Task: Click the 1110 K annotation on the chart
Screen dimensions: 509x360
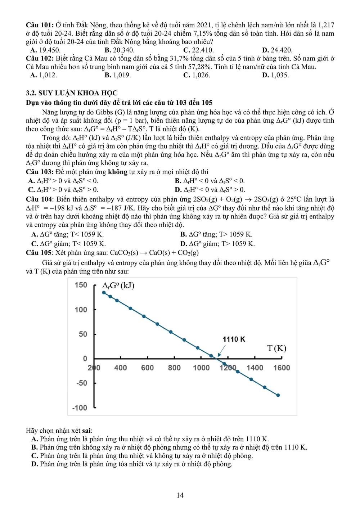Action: click(234, 339)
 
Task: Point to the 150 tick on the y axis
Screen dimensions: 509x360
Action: click(81, 285)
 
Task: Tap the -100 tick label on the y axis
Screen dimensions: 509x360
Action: click(80, 408)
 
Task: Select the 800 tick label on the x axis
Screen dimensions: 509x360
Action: click(174, 368)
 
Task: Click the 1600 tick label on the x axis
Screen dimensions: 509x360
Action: click(282, 368)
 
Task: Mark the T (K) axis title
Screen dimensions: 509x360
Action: click(276, 348)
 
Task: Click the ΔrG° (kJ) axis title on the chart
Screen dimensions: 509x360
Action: click(118, 286)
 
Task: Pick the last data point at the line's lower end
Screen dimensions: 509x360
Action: click(278, 395)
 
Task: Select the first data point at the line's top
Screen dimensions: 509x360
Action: click(104, 292)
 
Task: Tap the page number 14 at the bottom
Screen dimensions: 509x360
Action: click(180, 495)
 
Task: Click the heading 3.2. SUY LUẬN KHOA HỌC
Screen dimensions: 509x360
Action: click(72, 93)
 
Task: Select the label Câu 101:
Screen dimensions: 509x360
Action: click(40, 25)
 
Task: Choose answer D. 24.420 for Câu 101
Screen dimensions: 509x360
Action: click(277, 50)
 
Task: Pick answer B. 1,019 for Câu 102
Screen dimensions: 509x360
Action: click(118, 75)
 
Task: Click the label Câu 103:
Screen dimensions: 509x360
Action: click(40, 172)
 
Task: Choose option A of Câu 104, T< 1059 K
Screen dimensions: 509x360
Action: click(67, 234)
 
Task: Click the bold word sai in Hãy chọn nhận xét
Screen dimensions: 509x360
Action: click(86, 431)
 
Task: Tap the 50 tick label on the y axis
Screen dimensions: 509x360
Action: click(83, 334)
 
